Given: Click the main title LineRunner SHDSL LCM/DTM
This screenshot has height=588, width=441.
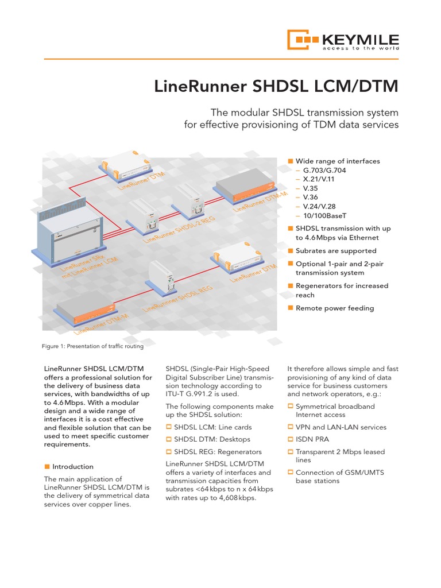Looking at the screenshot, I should pos(276,86).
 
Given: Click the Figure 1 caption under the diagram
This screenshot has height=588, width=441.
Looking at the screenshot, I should pos(92,346).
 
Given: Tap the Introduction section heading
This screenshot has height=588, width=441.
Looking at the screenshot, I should pos(72,467).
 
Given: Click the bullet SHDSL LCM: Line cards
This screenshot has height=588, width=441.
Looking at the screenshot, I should pos(212,427).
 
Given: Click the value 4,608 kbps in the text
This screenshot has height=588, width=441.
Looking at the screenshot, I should pos(237,498).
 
